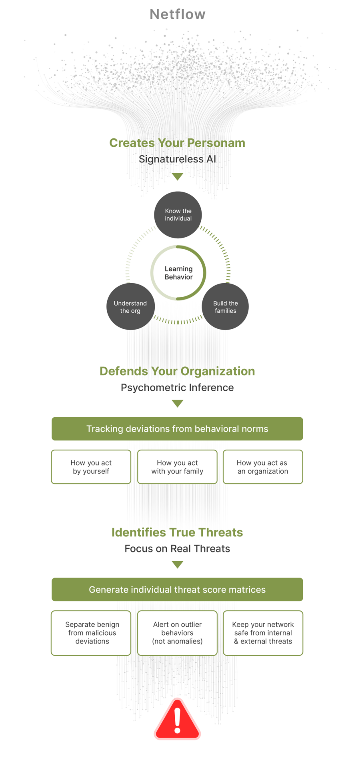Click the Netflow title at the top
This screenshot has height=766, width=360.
(x=178, y=14)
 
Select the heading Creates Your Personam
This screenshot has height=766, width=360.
(x=177, y=143)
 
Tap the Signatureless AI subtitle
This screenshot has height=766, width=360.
(x=177, y=159)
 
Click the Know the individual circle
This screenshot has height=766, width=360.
(x=178, y=215)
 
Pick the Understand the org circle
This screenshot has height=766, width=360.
(x=130, y=307)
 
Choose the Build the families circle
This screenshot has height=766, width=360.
(x=225, y=307)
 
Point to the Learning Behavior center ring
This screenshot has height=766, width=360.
(x=178, y=273)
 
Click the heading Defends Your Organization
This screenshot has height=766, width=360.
(x=177, y=371)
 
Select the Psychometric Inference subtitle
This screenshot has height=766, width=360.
(x=177, y=388)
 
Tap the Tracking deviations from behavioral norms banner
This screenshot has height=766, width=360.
(x=177, y=429)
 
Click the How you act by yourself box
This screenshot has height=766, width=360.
(x=91, y=467)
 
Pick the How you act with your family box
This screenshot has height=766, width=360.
(x=177, y=467)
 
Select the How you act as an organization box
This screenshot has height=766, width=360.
(x=263, y=467)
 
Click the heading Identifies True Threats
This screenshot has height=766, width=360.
(x=177, y=532)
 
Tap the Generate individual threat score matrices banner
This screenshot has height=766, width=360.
(x=177, y=590)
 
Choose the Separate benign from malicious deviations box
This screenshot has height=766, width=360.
(x=91, y=633)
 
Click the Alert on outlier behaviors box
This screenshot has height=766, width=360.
(x=177, y=633)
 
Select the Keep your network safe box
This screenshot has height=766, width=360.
(x=263, y=633)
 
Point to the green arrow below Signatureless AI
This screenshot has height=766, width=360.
(x=177, y=176)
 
